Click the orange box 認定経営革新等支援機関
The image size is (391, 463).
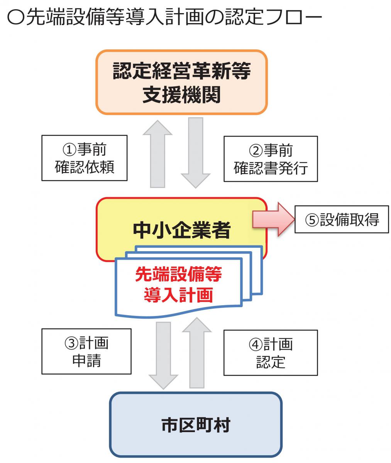coord(181,82)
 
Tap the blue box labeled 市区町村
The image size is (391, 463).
coord(196,424)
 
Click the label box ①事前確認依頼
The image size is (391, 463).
coord(84,158)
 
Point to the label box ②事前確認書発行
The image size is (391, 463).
coord(271,159)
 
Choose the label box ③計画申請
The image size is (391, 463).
coord(86,351)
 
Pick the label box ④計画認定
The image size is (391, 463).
coord(271,353)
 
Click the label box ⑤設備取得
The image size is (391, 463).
coord(342,219)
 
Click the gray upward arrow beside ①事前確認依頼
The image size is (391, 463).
coord(157,154)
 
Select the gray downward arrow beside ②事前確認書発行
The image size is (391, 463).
coord(196,153)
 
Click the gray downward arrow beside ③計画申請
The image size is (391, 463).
coord(163,356)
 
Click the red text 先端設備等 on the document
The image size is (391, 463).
coord(178,274)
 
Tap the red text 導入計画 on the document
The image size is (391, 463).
coord(178,295)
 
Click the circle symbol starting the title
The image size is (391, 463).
coord(15,17)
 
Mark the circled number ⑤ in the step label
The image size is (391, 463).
coord(312,220)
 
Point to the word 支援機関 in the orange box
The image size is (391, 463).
coord(181,95)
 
